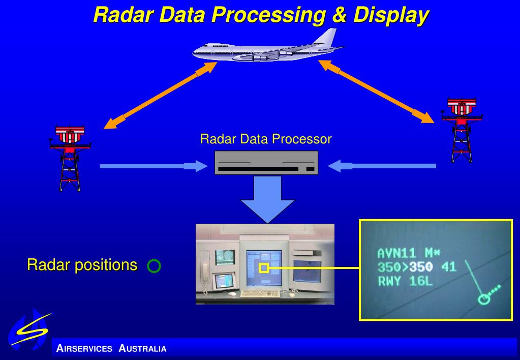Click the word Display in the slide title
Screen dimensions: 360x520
[390, 15]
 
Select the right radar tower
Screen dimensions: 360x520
[462, 130]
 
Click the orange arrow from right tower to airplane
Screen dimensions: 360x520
[377, 91]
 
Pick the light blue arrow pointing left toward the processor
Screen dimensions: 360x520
[382, 166]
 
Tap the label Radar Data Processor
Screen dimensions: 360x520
[266, 139]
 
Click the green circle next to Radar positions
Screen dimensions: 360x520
[154, 266]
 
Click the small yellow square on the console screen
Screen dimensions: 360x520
[264, 267]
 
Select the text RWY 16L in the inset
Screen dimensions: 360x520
[406, 280]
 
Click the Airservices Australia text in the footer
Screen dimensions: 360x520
[111, 349]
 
